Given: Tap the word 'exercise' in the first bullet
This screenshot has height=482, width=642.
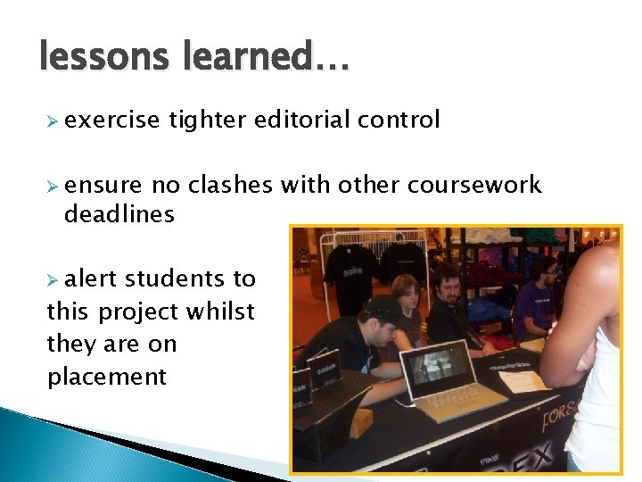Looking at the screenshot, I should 111,120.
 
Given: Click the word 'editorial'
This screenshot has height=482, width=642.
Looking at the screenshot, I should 304,120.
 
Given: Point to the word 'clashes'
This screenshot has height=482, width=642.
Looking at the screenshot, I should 230,185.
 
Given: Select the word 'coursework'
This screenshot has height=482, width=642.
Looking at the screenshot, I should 473,185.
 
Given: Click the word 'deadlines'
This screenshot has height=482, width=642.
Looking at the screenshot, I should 119,214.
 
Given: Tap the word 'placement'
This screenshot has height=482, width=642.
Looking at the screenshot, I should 107,376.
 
